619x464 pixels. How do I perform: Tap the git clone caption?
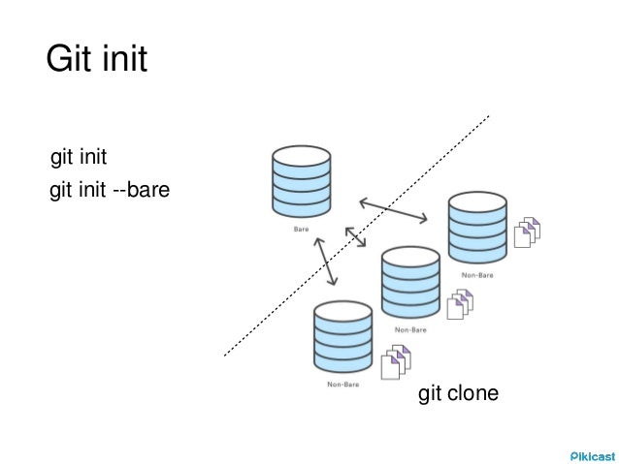[x=458, y=394]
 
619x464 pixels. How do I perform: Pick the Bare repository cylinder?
[x=301, y=182]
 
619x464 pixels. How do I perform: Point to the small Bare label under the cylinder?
[x=301, y=231]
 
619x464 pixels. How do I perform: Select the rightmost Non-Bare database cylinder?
[x=477, y=229]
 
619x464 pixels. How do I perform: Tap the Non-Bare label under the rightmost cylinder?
[x=477, y=275]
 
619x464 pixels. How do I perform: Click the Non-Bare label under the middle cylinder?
[x=411, y=329]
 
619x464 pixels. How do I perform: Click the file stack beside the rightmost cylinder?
[x=526, y=232]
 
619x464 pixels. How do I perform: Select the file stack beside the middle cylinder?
[x=459, y=304]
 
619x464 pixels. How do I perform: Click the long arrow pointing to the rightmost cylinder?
[x=393, y=210]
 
